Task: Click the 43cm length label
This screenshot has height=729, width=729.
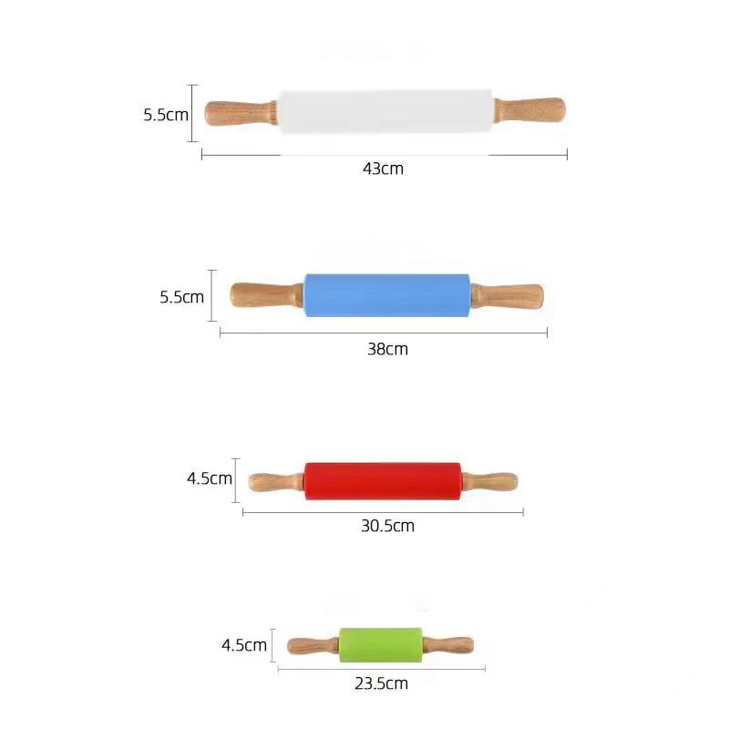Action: click(383, 169)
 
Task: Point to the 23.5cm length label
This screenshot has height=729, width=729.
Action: click(381, 683)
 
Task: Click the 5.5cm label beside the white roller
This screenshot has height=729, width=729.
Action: click(166, 115)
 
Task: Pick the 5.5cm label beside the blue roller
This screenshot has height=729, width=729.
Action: click(181, 296)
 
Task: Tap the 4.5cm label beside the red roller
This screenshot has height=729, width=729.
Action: click(210, 478)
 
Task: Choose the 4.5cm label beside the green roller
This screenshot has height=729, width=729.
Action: click(244, 645)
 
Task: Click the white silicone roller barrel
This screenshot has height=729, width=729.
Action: click(386, 112)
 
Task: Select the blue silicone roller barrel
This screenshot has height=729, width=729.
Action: click(386, 295)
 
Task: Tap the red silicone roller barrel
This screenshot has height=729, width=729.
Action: click(383, 480)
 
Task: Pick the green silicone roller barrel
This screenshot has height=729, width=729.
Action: click(381, 645)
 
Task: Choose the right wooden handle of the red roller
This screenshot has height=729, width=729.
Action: click(489, 481)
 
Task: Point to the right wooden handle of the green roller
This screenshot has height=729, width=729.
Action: click(447, 645)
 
